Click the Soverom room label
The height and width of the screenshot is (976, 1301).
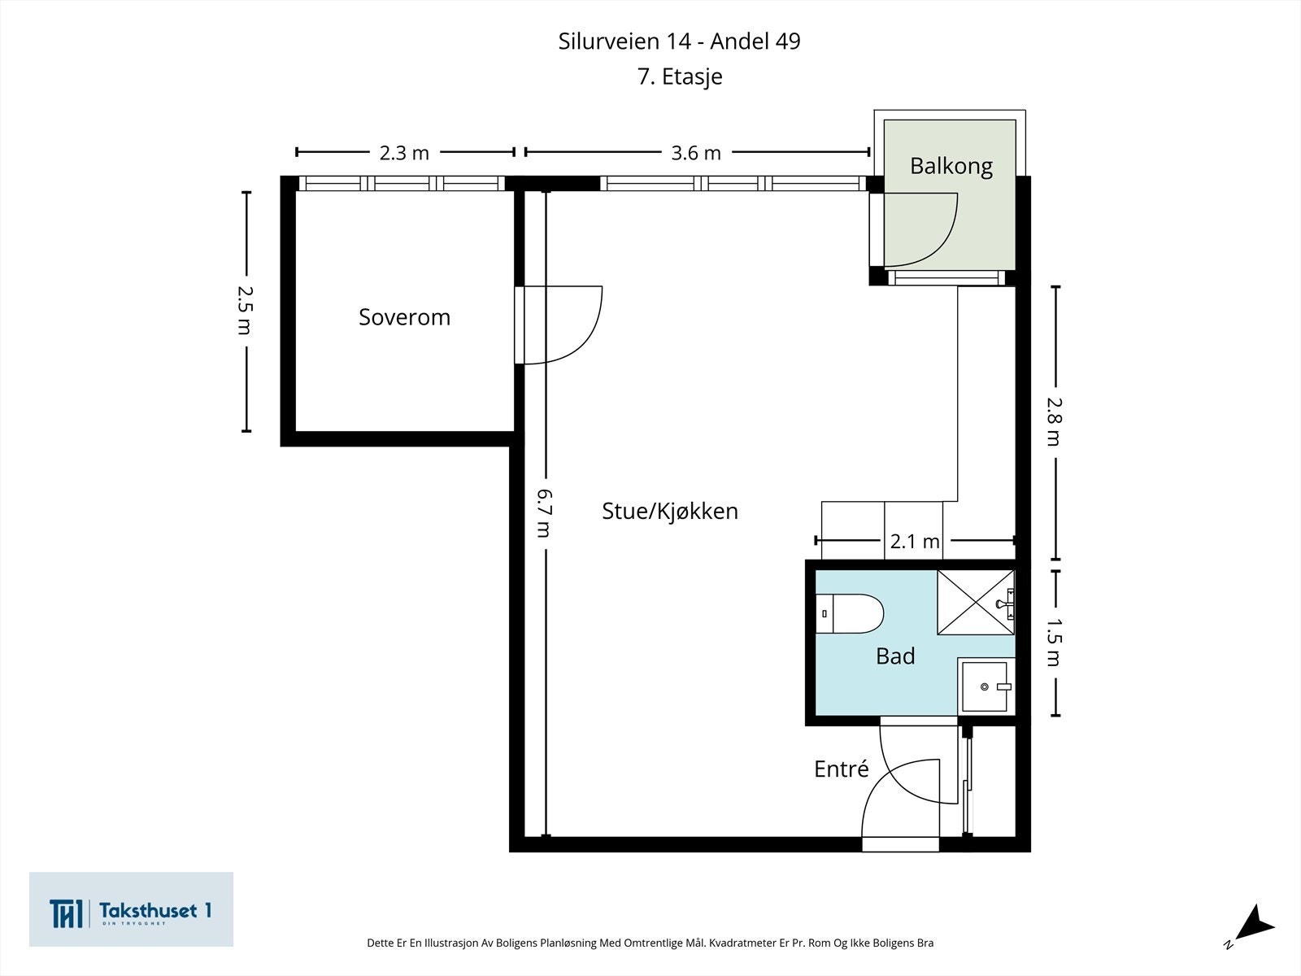point(404,317)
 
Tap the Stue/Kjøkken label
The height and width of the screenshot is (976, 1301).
point(670,511)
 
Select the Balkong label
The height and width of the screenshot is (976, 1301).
point(951,166)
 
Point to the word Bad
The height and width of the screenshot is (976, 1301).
point(895,656)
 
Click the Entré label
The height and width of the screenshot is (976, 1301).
point(841,769)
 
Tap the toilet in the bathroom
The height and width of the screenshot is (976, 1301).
point(850,613)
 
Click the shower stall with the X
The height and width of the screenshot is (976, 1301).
point(976,603)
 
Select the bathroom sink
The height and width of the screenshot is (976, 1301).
point(985,686)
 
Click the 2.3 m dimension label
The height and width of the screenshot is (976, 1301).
point(404,153)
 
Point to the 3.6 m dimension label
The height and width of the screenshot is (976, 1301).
point(696,153)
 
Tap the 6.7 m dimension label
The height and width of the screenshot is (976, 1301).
point(544,513)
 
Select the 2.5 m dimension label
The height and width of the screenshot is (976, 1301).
point(245,311)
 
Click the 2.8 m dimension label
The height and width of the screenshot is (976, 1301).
point(1054,420)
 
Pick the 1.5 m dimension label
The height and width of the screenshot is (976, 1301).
point(1054,642)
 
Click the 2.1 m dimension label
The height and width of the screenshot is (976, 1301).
point(915,541)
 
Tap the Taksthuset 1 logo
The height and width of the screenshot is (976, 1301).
point(131,909)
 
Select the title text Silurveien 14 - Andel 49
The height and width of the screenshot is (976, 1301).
point(679,41)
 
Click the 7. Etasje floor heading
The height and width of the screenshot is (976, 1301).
point(680,76)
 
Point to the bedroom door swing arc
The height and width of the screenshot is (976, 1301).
point(584,344)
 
